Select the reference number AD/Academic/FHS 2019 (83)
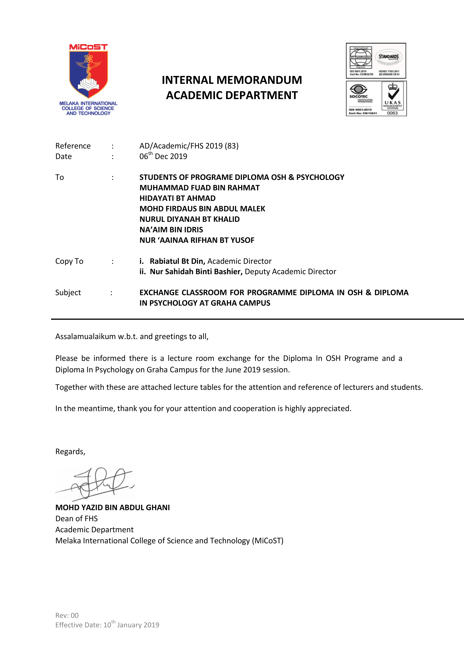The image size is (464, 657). point(189,146)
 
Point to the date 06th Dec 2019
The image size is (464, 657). point(163,156)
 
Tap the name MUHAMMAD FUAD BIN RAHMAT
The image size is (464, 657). point(199,188)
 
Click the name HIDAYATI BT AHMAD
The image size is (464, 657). point(177,198)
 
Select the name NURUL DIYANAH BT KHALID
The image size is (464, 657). point(189,219)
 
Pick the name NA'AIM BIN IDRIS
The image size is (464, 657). point(171,230)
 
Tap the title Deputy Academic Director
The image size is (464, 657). point(290,272)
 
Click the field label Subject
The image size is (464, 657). point(68,292)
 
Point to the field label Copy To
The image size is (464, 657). point(69,261)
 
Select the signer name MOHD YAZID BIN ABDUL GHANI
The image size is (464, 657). point(112,508)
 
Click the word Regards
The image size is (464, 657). point(70,452)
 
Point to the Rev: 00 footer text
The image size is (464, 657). point(67,615)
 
